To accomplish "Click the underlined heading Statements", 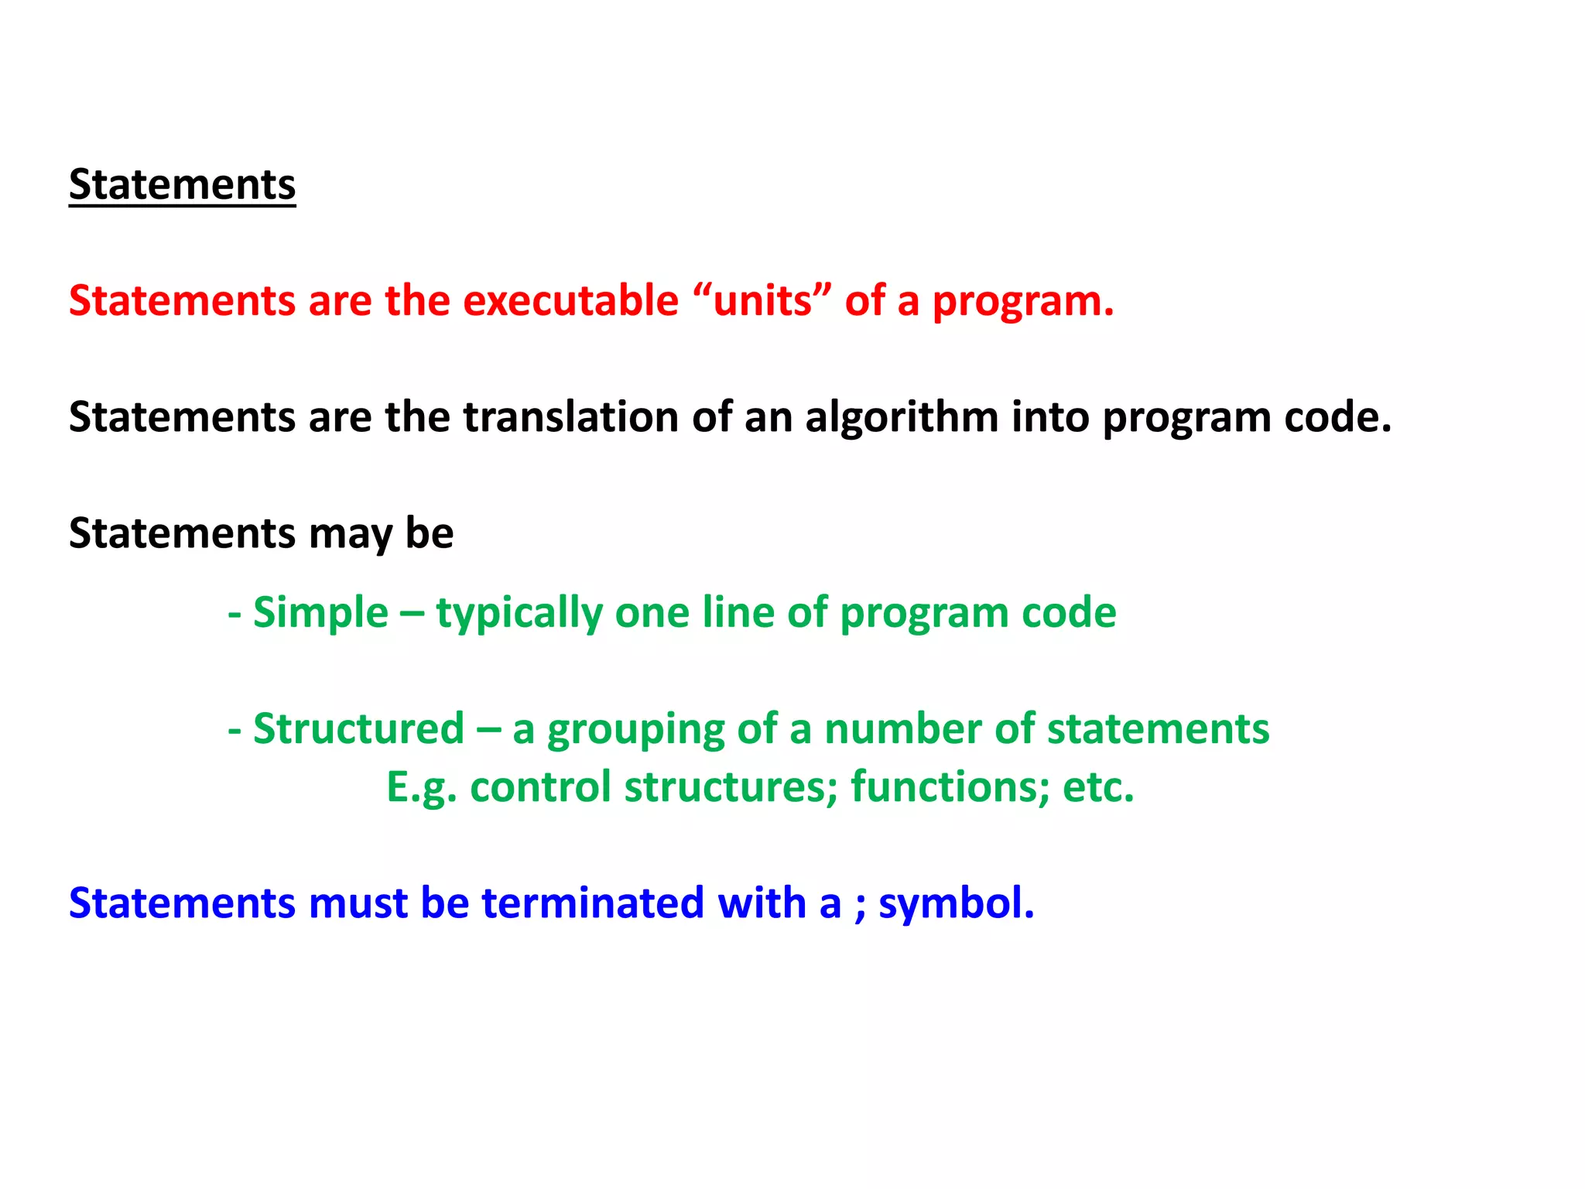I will pos(182,185).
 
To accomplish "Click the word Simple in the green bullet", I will pos(320,612).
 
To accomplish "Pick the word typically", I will pos(519,614).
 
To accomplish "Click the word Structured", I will pos(358,728).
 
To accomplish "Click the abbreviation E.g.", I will pos(421,787).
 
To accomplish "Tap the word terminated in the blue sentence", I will pos(593,903).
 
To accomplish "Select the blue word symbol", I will pos(956,904).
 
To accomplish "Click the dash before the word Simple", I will pos(234,614).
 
